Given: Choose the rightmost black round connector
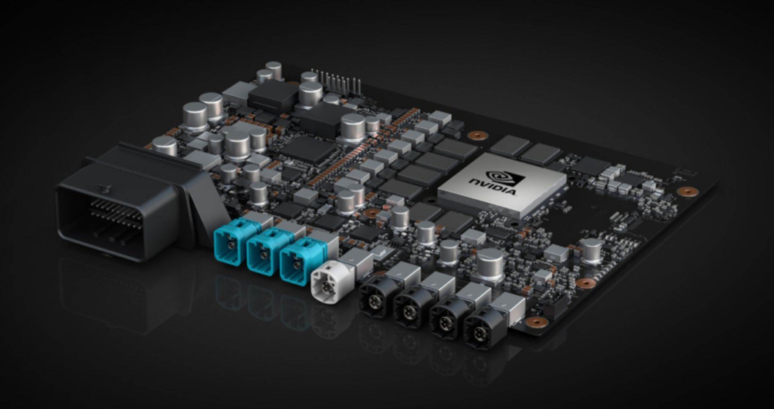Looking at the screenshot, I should pos(479,331).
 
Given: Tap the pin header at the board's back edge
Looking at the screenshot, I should pos(337,81).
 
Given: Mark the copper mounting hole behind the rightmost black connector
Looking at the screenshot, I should pos(537,322).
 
